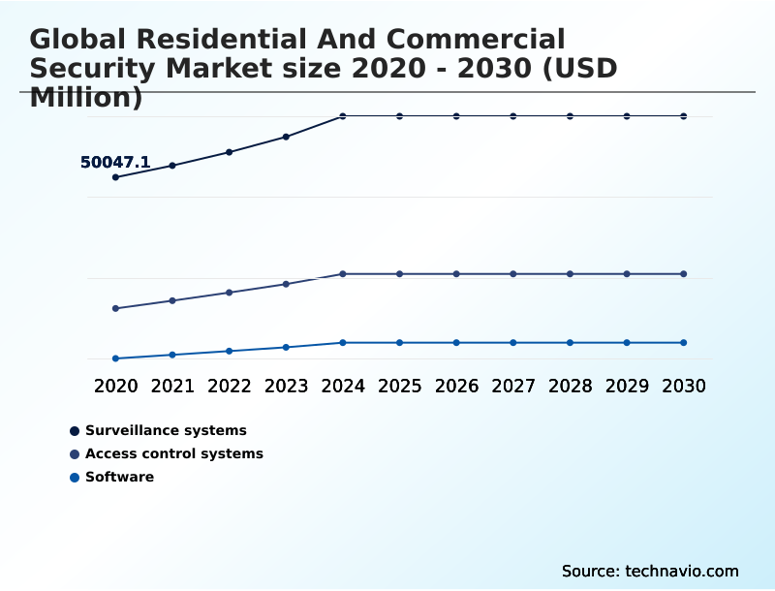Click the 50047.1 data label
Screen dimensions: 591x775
114,163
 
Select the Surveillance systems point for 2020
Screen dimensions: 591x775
115,177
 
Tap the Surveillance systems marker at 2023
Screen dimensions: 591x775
286,137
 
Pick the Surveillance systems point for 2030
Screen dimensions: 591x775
684,116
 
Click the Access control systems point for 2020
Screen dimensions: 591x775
115,309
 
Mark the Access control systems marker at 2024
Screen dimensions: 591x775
343,274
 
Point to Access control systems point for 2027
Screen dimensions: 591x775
513,274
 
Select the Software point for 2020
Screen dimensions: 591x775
115,358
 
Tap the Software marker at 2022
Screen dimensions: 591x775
230,351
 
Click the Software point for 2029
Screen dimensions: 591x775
627,343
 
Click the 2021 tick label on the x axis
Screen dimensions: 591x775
172,387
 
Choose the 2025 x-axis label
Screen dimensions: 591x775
399,387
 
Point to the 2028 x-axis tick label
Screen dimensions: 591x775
570,387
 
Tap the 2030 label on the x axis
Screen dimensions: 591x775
684,387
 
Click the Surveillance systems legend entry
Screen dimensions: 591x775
166,430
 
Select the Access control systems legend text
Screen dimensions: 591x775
174,453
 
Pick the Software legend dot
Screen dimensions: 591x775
75,478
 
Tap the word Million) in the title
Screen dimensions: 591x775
86,98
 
